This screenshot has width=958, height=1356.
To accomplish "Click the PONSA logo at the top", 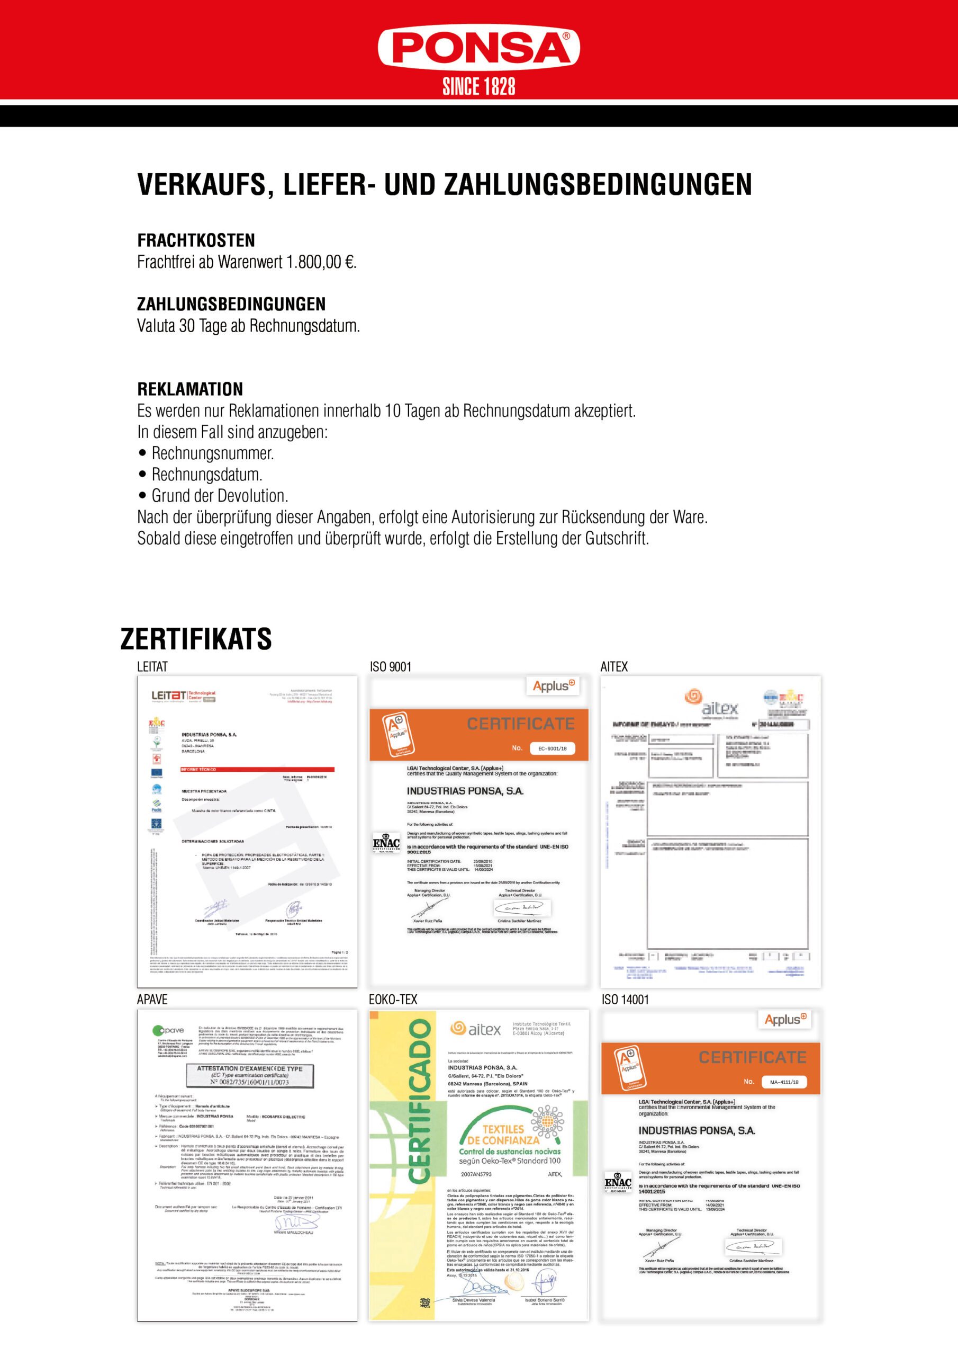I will point(478,47).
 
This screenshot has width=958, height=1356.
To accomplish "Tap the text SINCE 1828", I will point(478,86).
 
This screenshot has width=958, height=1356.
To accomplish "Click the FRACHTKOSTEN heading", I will point(196,240).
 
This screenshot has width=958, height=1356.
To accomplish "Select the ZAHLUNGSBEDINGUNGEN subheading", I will point(231,304).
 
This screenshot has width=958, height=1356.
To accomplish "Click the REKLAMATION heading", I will point(190,389).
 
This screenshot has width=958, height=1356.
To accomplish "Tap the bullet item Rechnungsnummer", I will point(212,453).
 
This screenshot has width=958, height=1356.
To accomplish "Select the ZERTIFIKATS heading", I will point(196,639).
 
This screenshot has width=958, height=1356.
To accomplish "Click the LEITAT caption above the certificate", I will point(152,667).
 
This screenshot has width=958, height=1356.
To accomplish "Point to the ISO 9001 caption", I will point(390,667).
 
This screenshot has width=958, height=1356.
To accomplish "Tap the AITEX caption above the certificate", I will point(614,667).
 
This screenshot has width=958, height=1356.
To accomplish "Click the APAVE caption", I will point(152,1000).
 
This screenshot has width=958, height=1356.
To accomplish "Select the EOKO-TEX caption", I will point(393,1000).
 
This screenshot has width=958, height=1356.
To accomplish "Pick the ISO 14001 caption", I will point(625,1000).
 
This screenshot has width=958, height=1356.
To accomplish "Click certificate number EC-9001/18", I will point(552,748).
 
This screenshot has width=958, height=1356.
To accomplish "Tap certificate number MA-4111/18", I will point(784,1082).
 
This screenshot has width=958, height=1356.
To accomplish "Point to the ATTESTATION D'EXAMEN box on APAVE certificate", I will point(250,1075).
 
